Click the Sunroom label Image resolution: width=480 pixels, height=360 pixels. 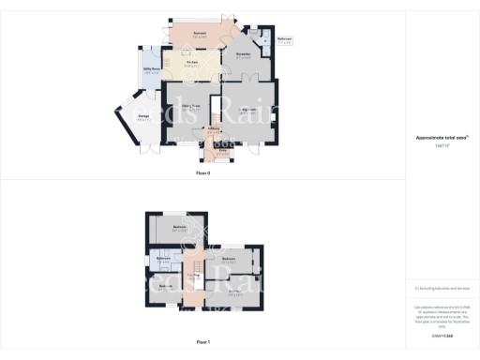tap(200, 34)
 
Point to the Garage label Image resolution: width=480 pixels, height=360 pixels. tap(143, 118)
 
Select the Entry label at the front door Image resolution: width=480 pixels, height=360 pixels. tap(223, 147)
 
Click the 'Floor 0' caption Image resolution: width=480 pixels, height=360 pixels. tap(202, 173)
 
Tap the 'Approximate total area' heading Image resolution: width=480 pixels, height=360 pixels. tap(442, 138)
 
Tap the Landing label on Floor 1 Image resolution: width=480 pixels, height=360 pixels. tap(194, 275)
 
